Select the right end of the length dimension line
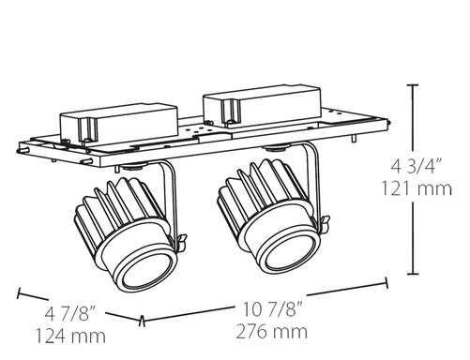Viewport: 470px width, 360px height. pos(387,279)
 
